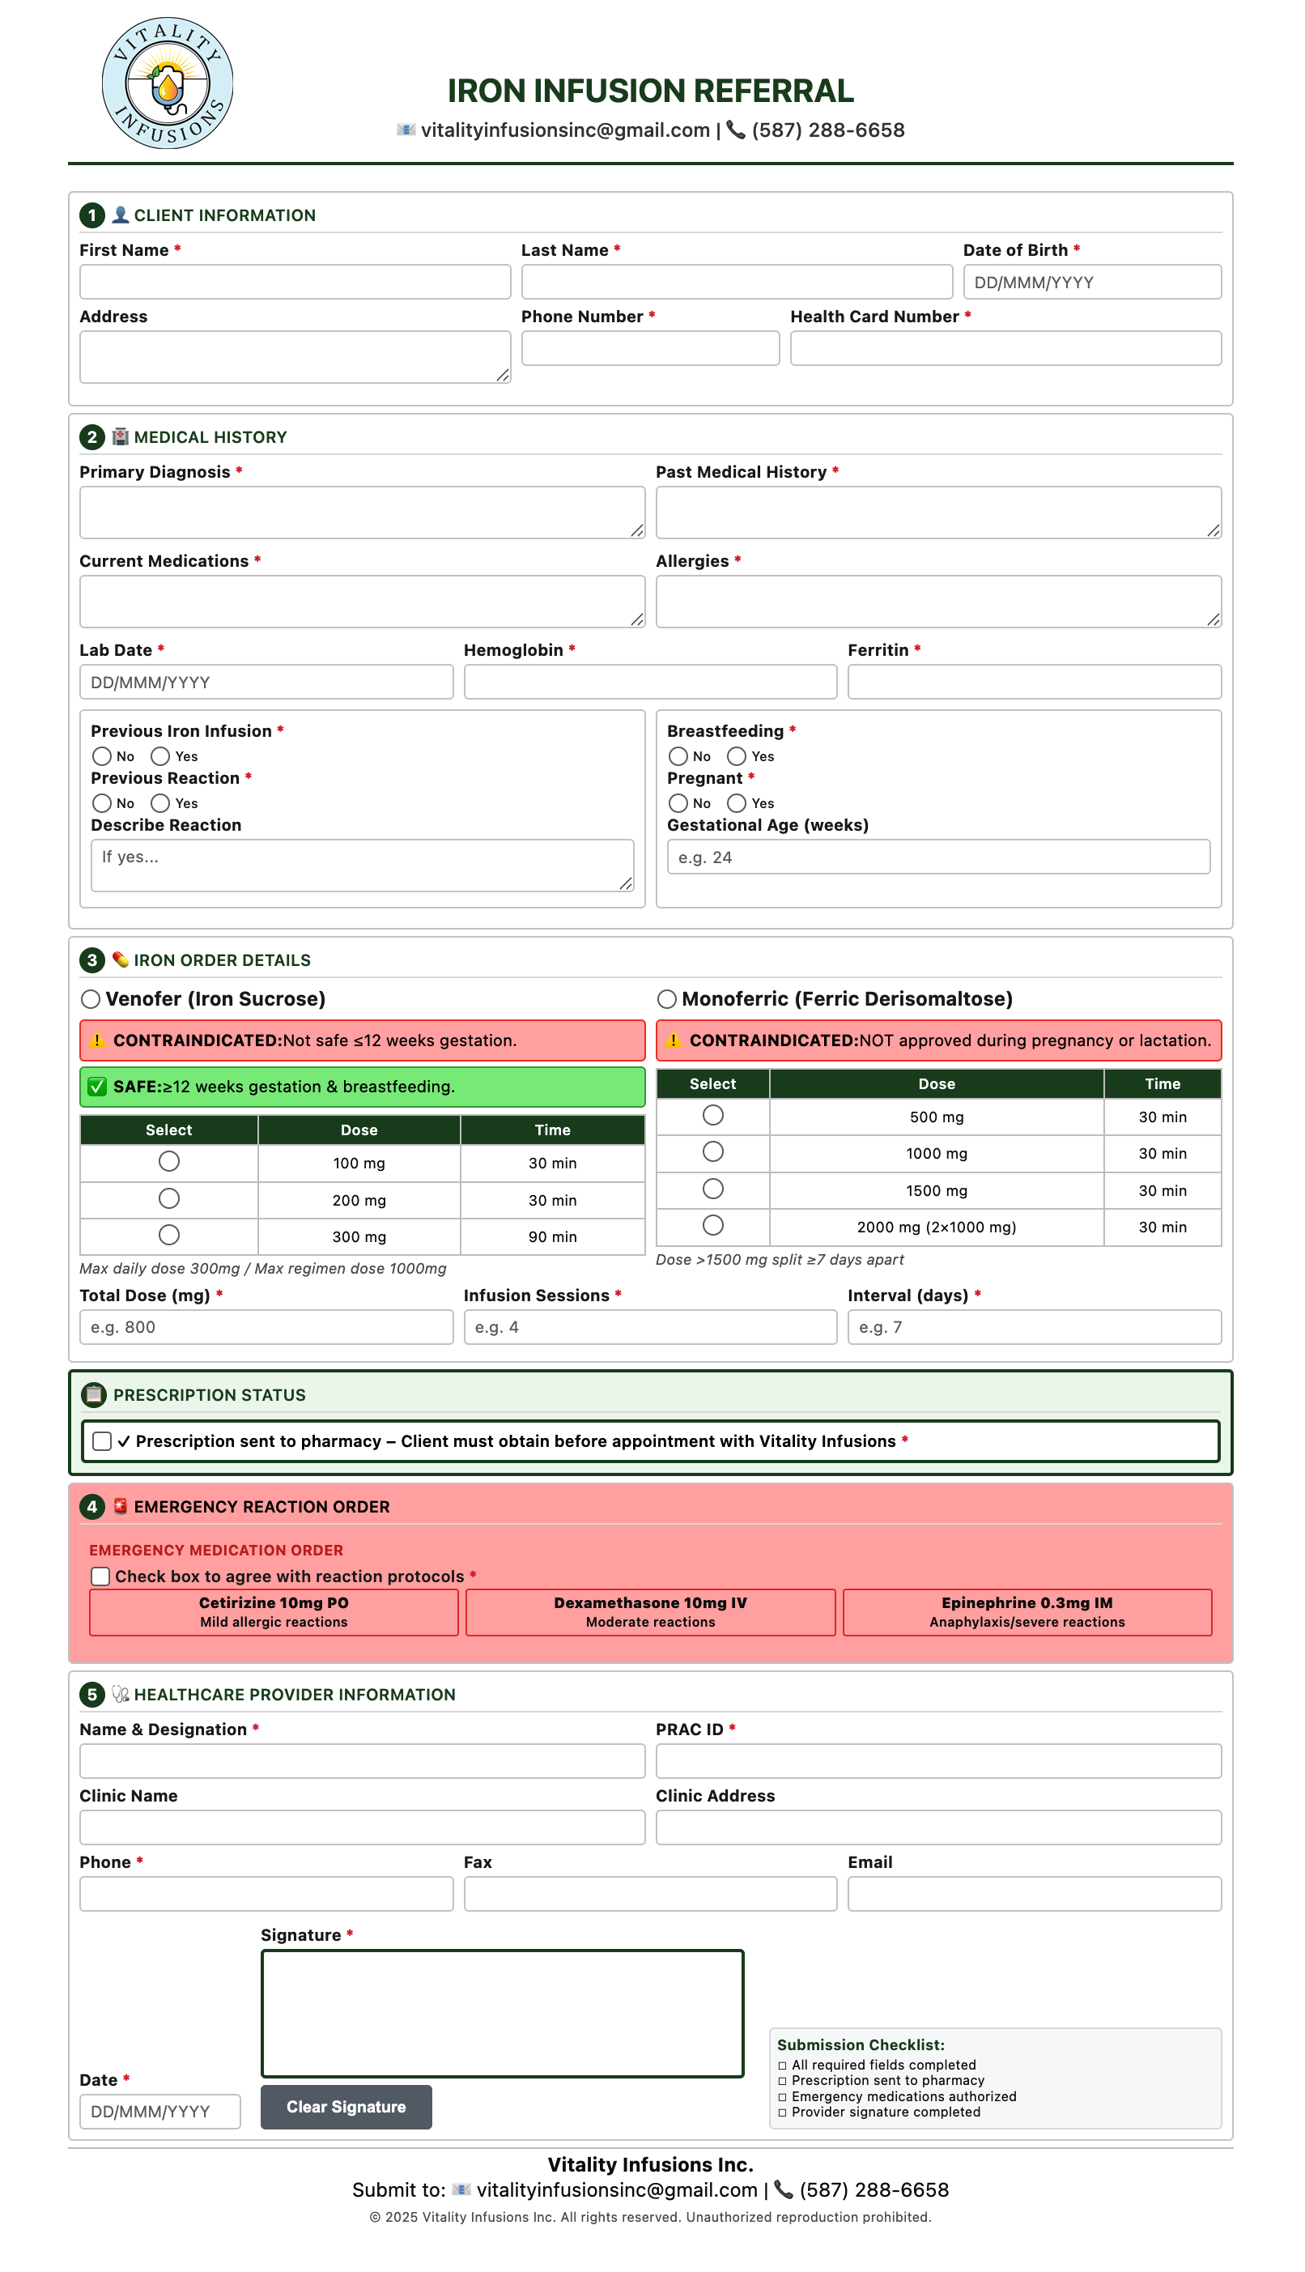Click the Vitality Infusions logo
tap(168, 83)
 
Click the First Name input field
tap(295, 283)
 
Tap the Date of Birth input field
tap(1090, 283)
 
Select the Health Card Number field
tap(1005, 349)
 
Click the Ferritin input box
tap(1034, 682)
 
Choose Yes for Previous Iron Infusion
tap(160, 756)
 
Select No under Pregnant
tap(678, 803)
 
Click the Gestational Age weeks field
tap(937, 857)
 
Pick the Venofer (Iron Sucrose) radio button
tap(91, 999)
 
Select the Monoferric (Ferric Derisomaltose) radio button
tap(667, 999)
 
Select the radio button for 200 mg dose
tap(168, 1199)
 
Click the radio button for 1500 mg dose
tap(712, 1189)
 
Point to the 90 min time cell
tap(552, 1237)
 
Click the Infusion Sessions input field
tap(650, 1327)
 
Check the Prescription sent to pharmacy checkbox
tap(102, 1441)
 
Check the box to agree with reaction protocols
tap(100, 1576)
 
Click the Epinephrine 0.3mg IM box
tap(1027, 1612)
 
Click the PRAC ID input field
tap(937, 1761)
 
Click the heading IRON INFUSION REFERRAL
tap(650, 91)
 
